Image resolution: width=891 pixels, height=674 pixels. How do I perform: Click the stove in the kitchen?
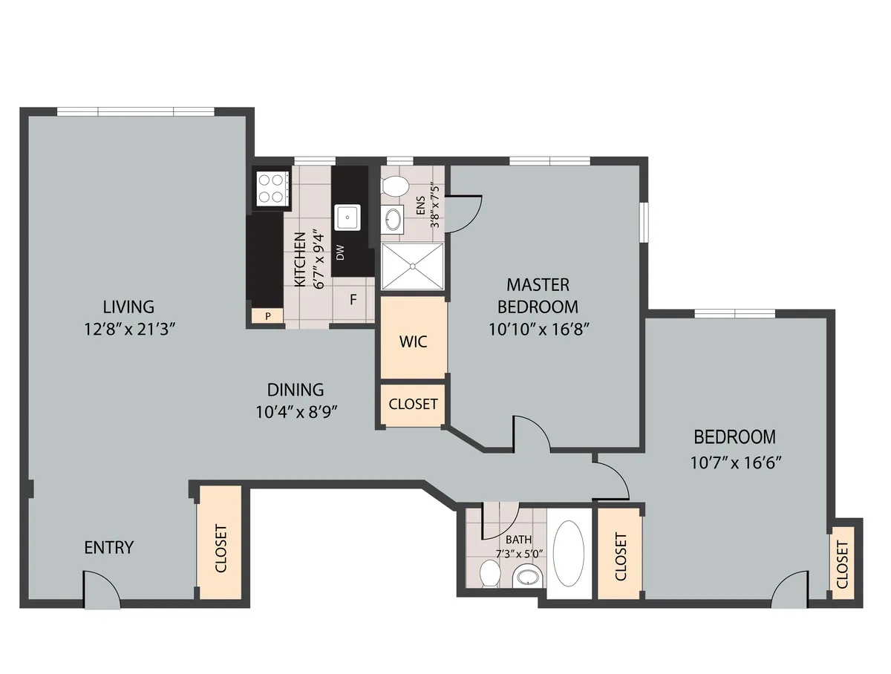[270, 188]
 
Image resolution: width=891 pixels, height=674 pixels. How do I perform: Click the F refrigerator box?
[353, 301]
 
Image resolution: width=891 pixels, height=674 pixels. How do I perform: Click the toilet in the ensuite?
[395, 186]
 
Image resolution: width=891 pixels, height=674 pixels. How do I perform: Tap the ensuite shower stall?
[413, 266]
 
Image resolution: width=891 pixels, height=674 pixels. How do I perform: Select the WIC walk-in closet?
[413, 341]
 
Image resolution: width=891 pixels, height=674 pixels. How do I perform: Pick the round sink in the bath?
[528, 575]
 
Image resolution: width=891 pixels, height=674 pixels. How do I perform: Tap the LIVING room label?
[128, 306]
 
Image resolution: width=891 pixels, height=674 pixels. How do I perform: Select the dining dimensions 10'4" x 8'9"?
[297, 413]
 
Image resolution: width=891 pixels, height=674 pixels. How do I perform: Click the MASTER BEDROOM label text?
[538, 295]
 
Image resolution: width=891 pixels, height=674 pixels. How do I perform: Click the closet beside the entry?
[220, 543]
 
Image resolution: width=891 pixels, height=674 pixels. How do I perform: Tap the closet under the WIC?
[413, 405]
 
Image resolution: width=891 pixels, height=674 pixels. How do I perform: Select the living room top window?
[136, 111]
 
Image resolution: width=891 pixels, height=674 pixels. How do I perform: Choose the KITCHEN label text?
[300, 260]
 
